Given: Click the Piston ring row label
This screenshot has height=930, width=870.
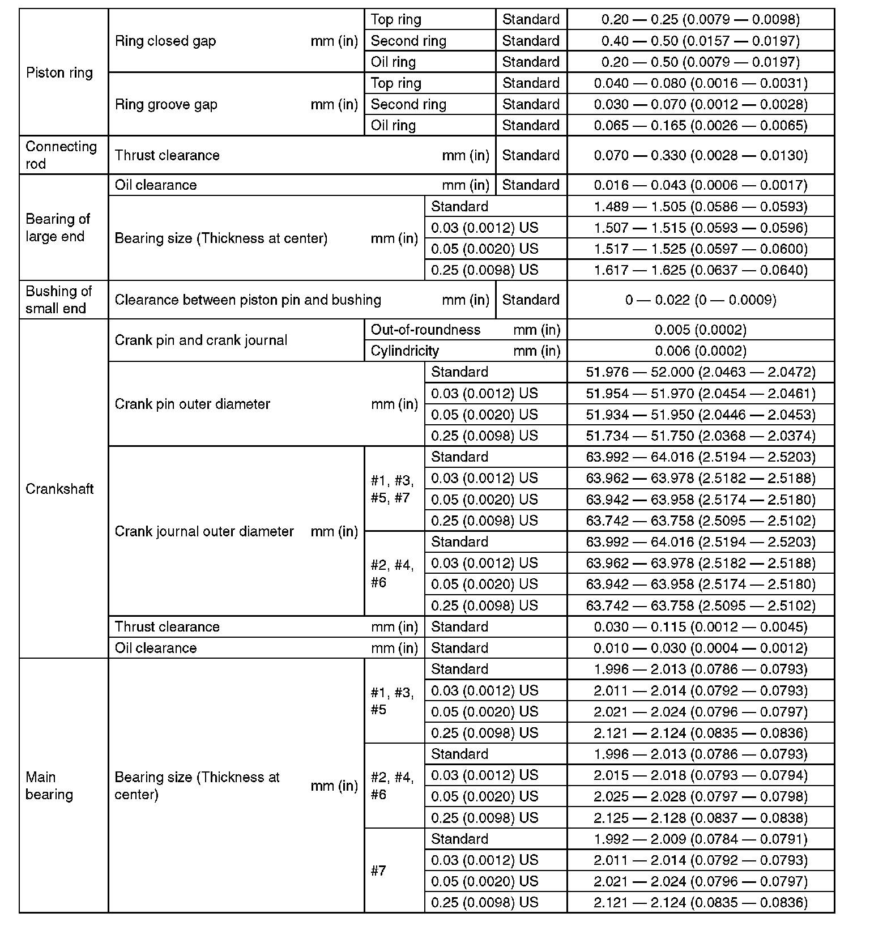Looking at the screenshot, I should pos(59,72).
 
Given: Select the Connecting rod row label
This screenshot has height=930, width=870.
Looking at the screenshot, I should pos(61,155).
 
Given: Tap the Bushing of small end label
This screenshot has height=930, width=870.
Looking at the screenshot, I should pos(58,300).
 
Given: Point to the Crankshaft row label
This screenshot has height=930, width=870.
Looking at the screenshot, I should pos(59,489).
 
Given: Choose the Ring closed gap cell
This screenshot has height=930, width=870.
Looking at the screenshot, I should pos(165,41).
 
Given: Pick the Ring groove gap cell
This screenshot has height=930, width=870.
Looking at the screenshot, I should pos(166,104).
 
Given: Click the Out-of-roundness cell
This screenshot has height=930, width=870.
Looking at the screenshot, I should pos(425,330).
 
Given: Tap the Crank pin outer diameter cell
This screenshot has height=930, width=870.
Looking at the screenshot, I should pos(193,404).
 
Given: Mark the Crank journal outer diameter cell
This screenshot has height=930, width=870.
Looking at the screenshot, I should pos(204,531).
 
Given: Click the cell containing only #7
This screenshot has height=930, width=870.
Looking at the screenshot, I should pos(378,871).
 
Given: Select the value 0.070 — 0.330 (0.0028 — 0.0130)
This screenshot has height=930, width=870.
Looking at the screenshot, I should pos(701,155).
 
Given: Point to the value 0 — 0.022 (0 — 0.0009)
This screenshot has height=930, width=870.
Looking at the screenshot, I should pos(701,300).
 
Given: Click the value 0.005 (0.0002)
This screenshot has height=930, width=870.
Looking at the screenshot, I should pos(701,330).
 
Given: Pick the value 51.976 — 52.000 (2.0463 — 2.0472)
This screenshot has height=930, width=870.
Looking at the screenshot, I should pos(701,372).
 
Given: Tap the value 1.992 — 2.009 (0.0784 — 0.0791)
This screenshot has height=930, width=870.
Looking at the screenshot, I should pos(701,839).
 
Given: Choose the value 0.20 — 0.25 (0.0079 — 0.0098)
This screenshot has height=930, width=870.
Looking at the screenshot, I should pos(701,20).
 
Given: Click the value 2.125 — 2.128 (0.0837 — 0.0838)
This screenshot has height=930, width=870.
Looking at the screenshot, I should pos(701,818).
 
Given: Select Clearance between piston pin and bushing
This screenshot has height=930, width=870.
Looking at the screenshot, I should pos(248,300).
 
